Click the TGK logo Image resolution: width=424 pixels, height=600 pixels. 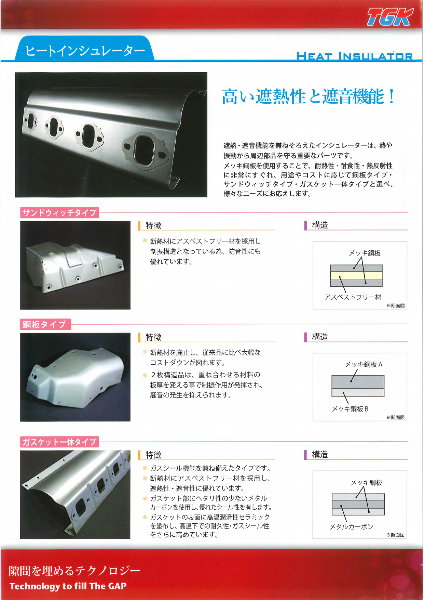[390, 17]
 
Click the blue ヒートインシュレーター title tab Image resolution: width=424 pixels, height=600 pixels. [85, 51]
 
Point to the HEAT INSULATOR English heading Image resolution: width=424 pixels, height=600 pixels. [354, 56]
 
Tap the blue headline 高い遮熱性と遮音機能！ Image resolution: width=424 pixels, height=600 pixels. [308, 96]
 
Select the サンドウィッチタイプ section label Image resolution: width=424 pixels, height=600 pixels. [59, 213]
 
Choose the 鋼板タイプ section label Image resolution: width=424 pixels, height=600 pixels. [44, 324]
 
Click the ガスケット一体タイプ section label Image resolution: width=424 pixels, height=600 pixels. [59, 442]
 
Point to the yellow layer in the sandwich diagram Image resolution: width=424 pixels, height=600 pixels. [356, 276]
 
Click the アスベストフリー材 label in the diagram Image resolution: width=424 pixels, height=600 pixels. [353, 297]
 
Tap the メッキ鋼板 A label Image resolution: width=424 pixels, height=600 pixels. [364, 364]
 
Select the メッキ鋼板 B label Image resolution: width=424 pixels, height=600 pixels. [350, 409]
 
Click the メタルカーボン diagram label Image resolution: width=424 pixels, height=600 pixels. [351, 527]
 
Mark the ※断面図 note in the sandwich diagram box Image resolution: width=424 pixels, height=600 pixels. [395, 305]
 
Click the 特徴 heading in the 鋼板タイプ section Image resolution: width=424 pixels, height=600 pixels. [153, 337]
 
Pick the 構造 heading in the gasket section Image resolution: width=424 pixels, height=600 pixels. [320, 455]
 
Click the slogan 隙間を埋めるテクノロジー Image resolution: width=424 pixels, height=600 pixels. [74, 571]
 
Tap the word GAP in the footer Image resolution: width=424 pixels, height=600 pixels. [117, 586]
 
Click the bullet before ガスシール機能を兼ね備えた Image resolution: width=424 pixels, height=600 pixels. [145, 468]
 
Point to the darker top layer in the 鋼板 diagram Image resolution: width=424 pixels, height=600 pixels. [358, 381]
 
